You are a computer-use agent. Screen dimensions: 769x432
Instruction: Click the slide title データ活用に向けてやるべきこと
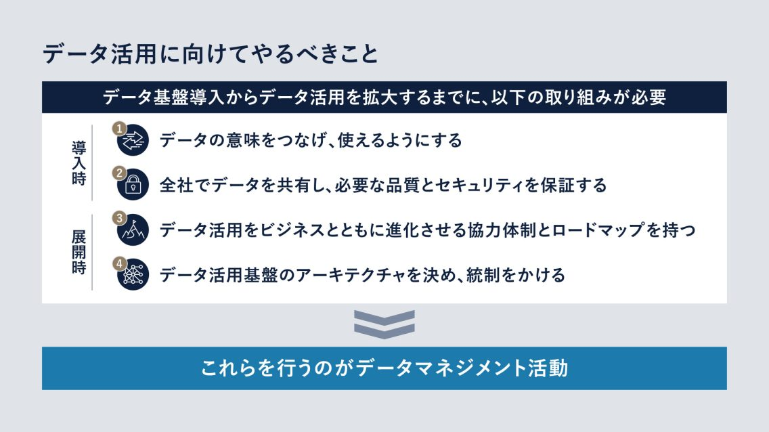(211, 54)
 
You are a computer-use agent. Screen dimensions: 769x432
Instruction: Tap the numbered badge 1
(118, 129)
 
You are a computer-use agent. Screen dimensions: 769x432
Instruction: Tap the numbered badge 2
(118, 173)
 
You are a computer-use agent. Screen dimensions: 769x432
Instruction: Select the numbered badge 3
(118, 218)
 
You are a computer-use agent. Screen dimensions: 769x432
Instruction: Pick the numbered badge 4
(118, 263)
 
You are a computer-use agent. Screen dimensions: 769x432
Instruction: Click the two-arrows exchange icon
(133, 141)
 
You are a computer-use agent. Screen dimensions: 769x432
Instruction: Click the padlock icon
(133, 185)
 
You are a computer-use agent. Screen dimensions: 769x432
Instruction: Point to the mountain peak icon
(133, 230)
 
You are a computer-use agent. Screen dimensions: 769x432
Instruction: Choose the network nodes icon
(133, 275)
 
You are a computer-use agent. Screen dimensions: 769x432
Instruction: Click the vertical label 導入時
(79, 163)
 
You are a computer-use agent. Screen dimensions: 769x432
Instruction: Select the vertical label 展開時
(79, 253)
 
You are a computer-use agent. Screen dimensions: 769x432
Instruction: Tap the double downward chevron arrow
(384, 324)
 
